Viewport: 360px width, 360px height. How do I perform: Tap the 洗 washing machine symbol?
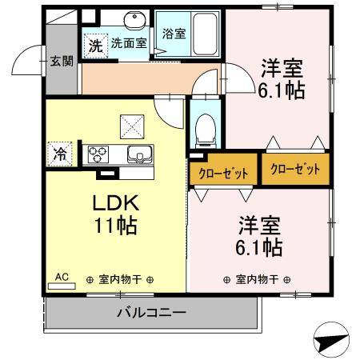[x=95, y=46]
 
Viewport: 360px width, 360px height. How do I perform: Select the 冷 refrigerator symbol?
[x=60, y=154]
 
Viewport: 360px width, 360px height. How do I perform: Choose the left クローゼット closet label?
[x=224, y=172]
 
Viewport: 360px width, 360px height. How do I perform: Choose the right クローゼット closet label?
[x=295, y=169]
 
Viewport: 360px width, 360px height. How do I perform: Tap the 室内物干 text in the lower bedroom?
[x=258, y=279]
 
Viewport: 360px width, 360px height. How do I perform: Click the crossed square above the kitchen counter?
[x=131, y=125]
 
